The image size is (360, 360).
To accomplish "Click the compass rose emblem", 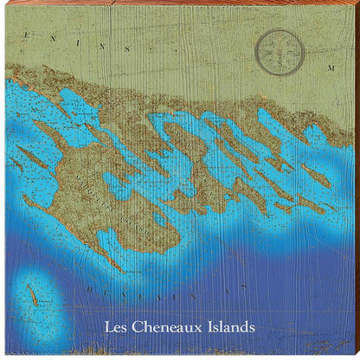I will [280, 48].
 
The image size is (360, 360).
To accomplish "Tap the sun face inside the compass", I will [280, 48].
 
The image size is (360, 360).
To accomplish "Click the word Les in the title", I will [114, 328].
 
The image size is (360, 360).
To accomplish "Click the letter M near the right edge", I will [330, 67].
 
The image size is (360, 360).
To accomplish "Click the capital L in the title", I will [107, 328].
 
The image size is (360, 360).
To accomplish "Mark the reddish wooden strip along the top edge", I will [180, 3].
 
